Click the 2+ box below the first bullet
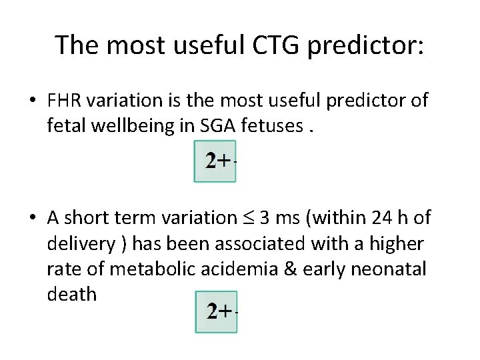click(x=216, y=161)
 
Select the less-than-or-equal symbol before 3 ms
click(x=251, y=218)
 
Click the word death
click(x=71, y=295)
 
